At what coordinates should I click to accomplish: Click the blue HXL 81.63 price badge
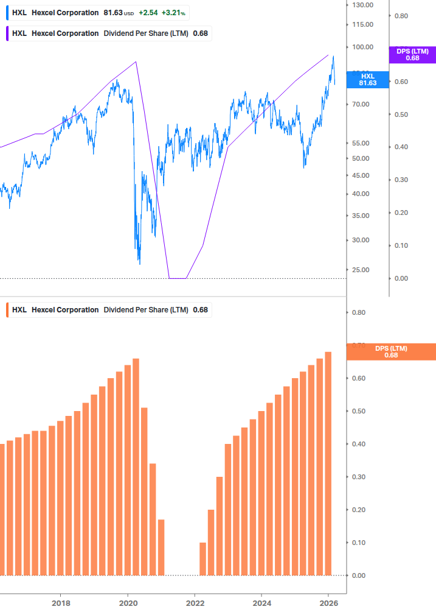tap(368, 79)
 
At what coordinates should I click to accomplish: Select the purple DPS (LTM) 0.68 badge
tap(412, 55)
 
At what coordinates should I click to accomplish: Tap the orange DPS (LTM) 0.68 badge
tap(390, 351)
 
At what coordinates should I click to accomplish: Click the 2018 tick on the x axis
tap(61, 603)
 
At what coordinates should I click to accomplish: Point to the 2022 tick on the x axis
tap(195, 603)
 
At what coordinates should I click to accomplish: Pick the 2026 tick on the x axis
tap(328, 603)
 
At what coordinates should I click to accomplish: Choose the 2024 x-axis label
tap(261, 603)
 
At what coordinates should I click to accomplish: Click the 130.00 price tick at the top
tap(362, 5)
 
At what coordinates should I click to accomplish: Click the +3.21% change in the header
tap(173, 13)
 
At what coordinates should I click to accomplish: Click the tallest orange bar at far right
tap(328, 463)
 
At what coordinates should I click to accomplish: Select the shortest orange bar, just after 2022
tap(202, 558)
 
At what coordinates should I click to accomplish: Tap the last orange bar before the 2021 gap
tap(161, 547)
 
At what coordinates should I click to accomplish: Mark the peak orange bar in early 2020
tap(136, 466)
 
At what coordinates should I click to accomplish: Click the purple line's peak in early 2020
tap(136, 62)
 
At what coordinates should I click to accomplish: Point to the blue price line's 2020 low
tap(139, 263)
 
